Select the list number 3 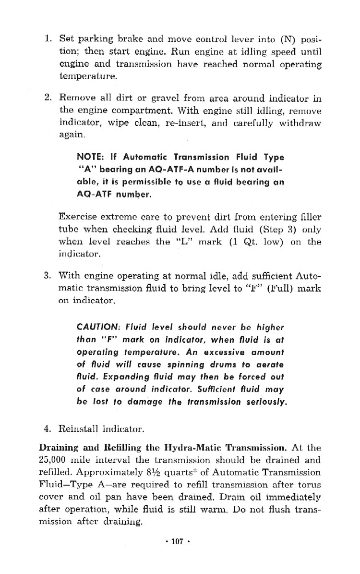48,276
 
